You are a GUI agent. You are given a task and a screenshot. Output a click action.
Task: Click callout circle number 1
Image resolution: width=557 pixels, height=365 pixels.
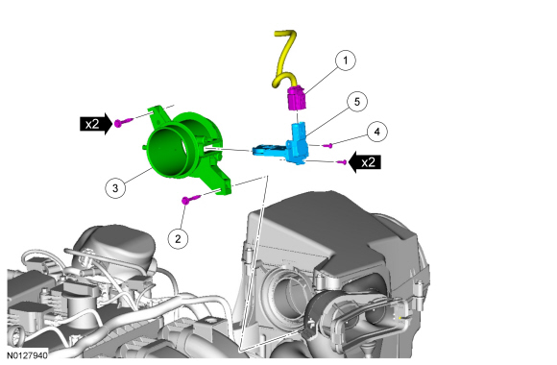[x=346, y=61]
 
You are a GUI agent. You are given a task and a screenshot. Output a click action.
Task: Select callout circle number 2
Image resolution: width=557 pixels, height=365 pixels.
[x=178, y=238]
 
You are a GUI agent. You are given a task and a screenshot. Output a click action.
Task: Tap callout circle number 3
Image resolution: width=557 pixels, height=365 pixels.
[x=115, y=187]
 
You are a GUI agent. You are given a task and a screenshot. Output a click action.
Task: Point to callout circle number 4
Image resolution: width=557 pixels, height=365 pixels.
[x=376, y=132]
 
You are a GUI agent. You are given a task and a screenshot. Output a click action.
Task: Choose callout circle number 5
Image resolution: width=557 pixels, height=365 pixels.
[x=357, y=102]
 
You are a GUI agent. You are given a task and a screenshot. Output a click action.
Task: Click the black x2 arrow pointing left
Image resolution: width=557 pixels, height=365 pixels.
[x=365, y=162]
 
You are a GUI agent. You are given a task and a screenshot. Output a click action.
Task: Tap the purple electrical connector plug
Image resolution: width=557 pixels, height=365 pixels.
[x=297, y=99]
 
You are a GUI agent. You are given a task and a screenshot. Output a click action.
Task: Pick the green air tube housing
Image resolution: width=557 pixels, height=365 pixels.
[x=185, y=149]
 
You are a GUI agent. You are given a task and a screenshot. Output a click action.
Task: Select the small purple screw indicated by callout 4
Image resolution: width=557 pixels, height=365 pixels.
[x=327, y=145]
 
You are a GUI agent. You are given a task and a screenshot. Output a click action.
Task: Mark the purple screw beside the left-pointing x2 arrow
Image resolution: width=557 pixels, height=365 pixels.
[x=342, y=162]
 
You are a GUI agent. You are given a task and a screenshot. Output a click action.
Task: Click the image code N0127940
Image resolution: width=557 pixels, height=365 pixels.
[x=27, y=355]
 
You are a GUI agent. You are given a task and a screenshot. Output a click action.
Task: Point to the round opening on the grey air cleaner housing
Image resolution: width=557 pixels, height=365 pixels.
[x=285, y=291]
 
